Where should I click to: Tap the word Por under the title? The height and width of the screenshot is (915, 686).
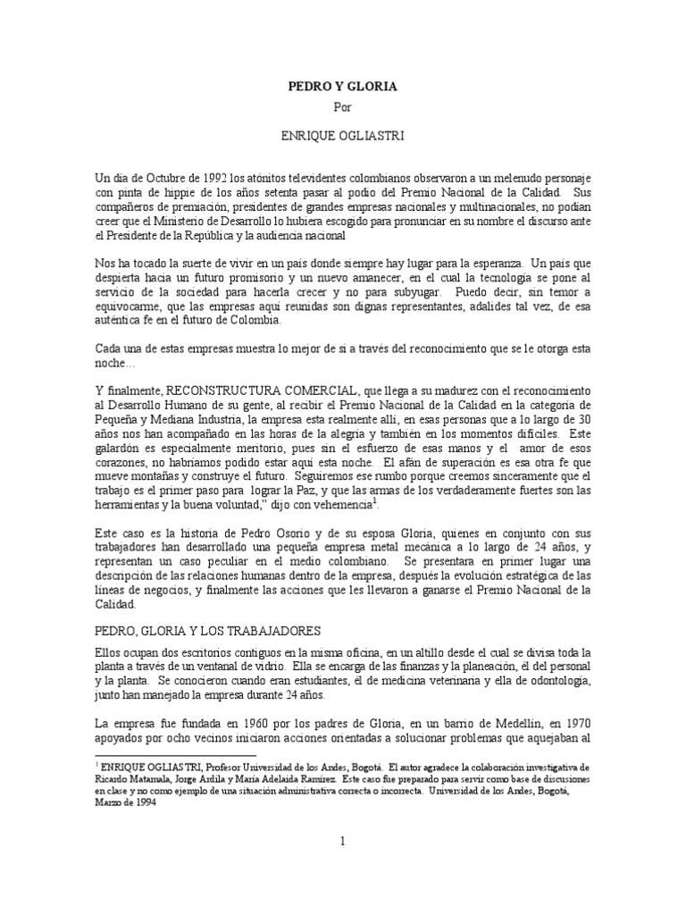(342, 109)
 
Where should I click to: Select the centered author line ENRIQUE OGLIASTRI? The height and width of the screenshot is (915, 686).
(342, 132)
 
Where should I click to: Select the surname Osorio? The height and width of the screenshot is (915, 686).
(278, 533)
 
